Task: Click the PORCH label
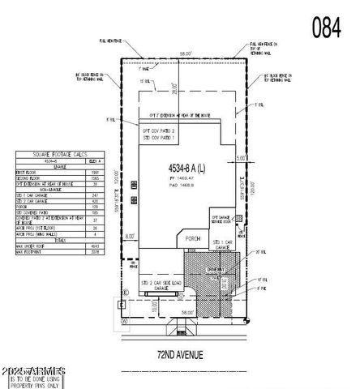point(191,238)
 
